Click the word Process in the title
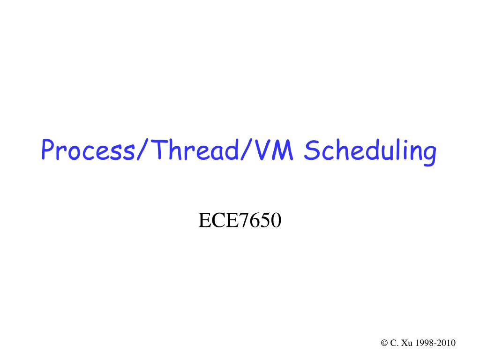(87, 151)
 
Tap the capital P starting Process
(47, 151)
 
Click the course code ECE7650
(240, 220)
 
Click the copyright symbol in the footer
(384, 343)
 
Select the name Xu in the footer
(405, 343)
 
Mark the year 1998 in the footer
(424, 343)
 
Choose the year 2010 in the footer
(446, 343)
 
